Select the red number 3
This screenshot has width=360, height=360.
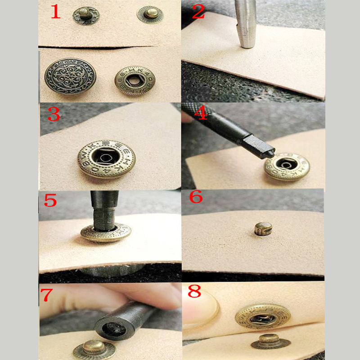tap(54, 114)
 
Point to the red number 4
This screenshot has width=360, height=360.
tap(200, 112)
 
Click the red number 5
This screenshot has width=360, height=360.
tap(50, 200)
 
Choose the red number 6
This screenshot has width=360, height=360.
tap(196, 197)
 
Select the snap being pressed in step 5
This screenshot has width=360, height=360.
tap(106, 233)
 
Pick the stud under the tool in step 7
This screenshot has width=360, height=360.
tap(94, 348)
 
